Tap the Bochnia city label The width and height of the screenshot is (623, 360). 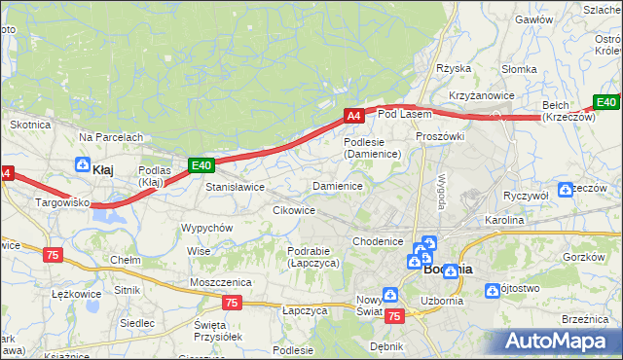pyautogui.click(x=449, y=270)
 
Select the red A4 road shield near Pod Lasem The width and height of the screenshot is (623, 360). pyautogui.click(x=355, y=116)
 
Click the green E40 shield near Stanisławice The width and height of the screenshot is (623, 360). pyautogui.click(x=201, y=165)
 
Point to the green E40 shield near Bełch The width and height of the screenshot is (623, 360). pyautogui.click(x=606, y=102)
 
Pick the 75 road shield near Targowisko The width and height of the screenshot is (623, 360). pyautogui.click(x=54, y=254)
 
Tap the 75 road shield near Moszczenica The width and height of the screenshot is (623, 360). pyautogui.click(x=231, y=303)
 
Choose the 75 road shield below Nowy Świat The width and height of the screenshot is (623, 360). pyautogui.click(x=394, y=316)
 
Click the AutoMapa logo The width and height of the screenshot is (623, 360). pyautogui.click(x=560, y=341)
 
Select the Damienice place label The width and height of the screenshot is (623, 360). pyautogui.click(x=337, y=185)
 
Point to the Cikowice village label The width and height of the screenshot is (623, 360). pyautogui.click(x=294, y=210)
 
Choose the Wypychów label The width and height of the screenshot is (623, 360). pyautogui.click(x=206, y=228)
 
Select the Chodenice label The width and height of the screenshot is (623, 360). pyautogui.click(x=378, y=241)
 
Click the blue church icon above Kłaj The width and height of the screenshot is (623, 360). pyautogui.click(x=84, y=164)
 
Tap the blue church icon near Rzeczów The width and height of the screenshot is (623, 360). pyautogui.click(x=566, y=189)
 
